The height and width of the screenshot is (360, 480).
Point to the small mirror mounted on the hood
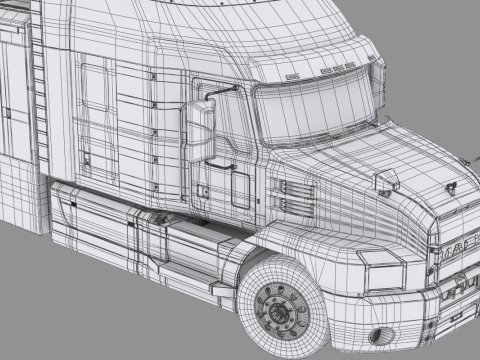pos(384,181)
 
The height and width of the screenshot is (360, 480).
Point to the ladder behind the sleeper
pos(40,100)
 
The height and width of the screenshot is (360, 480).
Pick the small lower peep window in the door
pos(240,186)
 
